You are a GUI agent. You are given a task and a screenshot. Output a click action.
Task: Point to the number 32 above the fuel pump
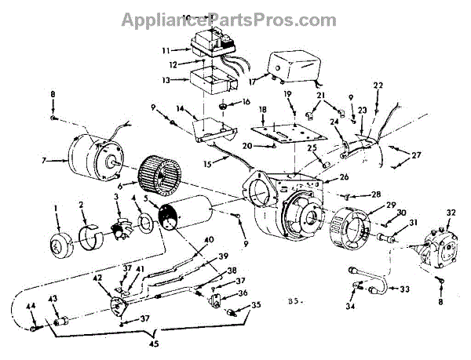[x=451, y=213]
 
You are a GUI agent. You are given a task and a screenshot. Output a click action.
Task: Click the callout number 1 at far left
[x=56, y=208]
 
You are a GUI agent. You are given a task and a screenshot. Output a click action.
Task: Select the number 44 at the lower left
[x=33, y=305]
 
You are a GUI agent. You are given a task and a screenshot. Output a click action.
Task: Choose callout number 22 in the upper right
[x=378, y=85]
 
